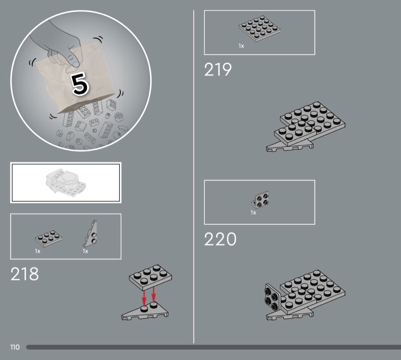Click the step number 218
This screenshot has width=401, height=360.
24,274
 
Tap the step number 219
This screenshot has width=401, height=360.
218,69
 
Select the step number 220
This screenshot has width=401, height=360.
220,239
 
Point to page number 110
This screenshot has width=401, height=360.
15,347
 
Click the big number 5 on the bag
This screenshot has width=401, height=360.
80,83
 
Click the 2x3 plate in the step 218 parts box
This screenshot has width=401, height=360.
49,238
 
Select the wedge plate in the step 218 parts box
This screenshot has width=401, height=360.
91,234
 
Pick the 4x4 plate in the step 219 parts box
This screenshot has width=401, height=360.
259,29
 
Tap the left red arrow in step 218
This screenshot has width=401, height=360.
144,298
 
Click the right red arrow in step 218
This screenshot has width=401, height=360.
154,295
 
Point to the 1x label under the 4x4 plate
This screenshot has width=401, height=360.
241,46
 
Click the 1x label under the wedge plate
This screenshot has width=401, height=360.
86,251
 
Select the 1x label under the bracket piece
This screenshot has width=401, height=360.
253,212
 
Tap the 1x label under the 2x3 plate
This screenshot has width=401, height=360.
37,251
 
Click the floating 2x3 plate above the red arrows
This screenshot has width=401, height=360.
150,277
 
